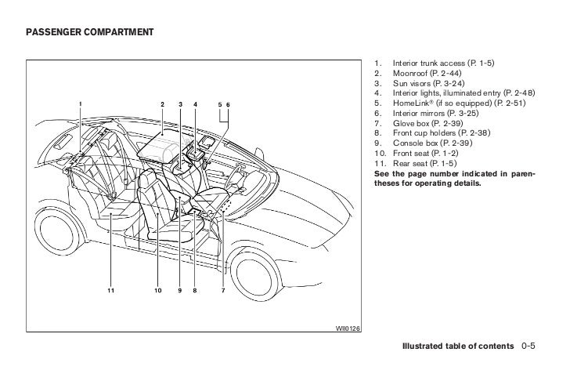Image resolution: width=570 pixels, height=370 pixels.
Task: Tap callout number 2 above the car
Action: coord(162,104)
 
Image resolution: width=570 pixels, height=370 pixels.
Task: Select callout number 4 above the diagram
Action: coord(195,104)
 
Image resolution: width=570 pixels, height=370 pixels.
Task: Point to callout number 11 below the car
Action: coord(111,291)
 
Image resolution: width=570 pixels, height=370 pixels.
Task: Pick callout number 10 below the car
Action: coord(158,291)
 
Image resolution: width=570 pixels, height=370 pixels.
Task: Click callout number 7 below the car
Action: coord(222,291)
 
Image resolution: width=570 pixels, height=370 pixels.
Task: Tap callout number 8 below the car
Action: coord(195,291)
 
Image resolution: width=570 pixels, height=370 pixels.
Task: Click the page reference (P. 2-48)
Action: coord(518,92)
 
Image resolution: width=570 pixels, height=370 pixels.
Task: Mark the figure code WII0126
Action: coord(348,328)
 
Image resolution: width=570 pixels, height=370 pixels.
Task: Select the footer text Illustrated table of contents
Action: coord(457,346)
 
